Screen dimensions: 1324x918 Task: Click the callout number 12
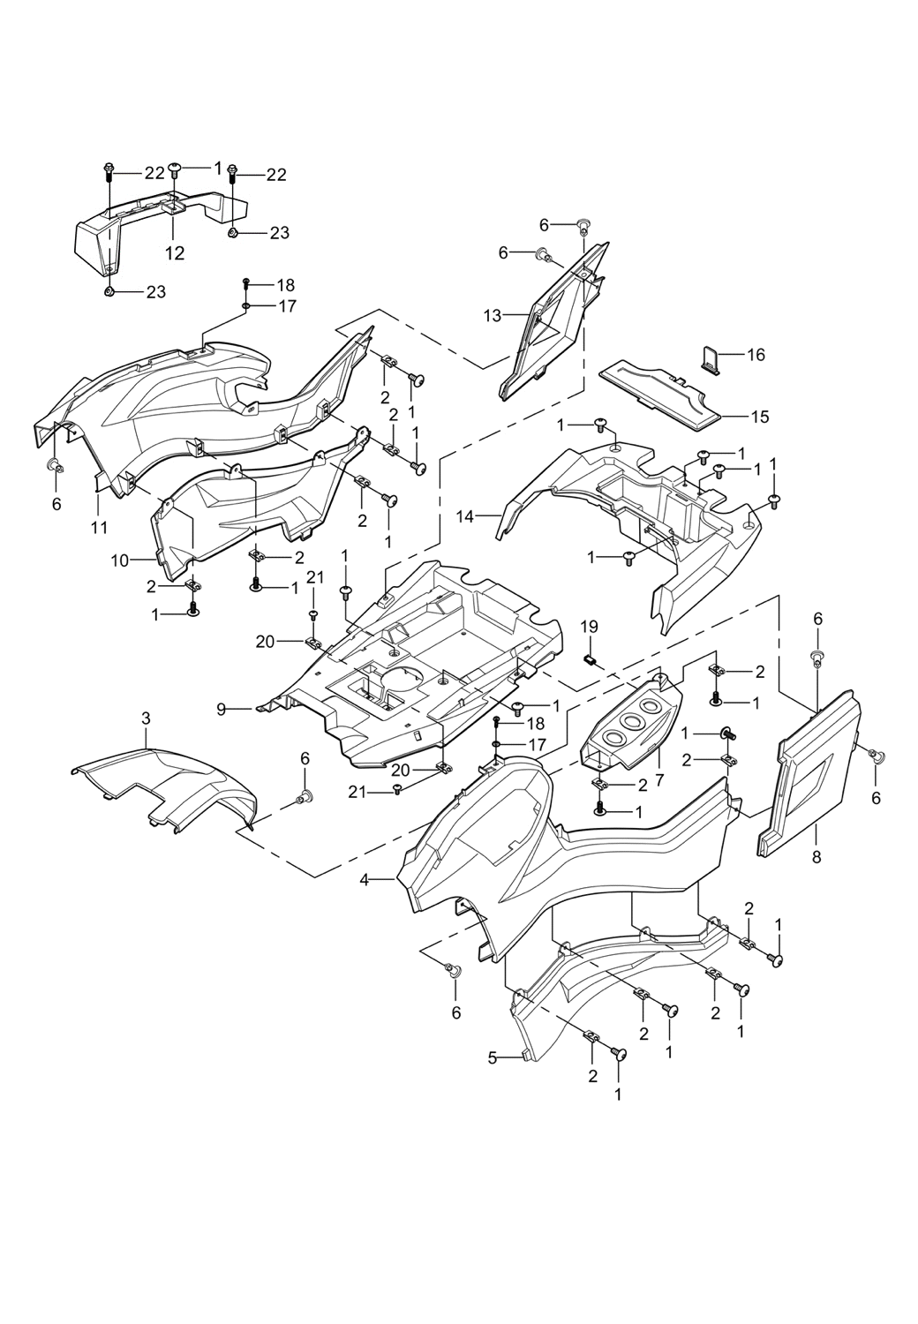pos(175,254)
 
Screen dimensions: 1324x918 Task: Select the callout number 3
pos(147,719)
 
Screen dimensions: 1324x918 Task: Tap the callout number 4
pos(365,879)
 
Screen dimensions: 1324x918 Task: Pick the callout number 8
pos(816,855)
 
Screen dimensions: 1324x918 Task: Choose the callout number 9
pos(222,708)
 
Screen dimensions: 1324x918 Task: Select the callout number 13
pos(492,315)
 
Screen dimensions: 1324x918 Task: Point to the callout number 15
pos(760,416)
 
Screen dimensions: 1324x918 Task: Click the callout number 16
pos(756,355)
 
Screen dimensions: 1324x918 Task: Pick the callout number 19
pos(589,626)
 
